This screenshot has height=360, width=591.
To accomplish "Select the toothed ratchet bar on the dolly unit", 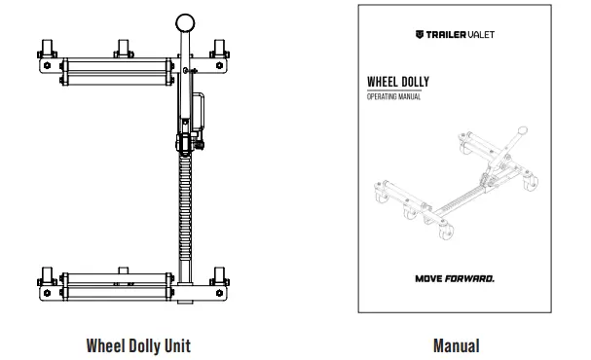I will coord(182,209).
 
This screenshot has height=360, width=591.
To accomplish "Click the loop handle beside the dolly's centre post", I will coord(199,112).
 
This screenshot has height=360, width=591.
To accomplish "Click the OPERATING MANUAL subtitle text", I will coord(393,97).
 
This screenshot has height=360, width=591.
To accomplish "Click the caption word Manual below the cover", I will coord(456,343).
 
